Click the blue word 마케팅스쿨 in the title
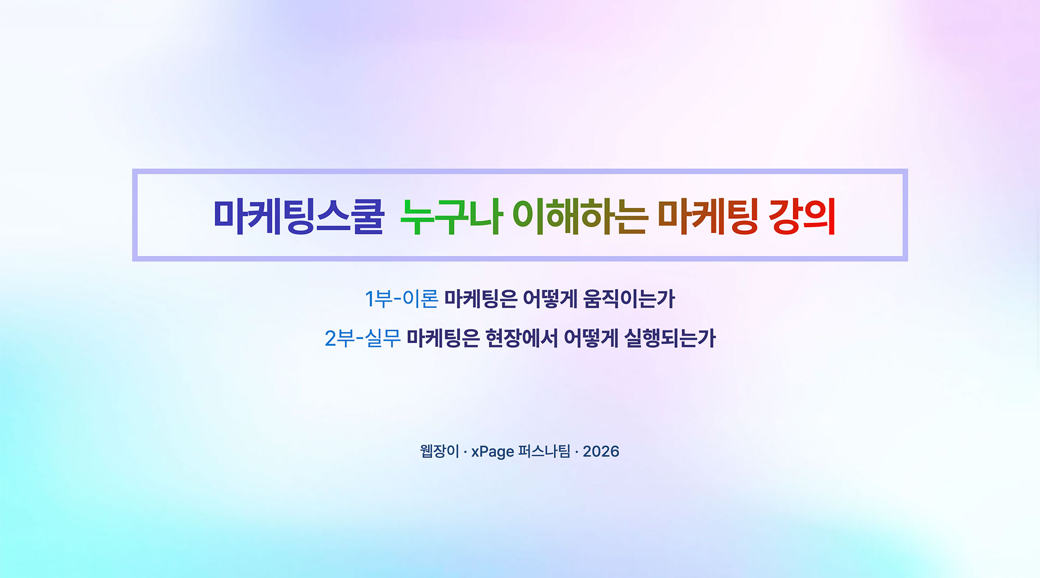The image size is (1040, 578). (x=298, y=216)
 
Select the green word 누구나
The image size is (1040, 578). (x=451, y=216)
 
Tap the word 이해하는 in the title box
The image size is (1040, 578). (x=580, y=216)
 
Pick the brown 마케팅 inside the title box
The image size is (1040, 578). (x=708, y=216)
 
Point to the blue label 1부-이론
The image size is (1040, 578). (x=401, y=299)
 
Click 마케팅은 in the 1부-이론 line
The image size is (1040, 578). (x=480, y=299)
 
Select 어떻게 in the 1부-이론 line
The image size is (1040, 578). (x=550, y=299)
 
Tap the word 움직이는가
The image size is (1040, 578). (x=629, y=299)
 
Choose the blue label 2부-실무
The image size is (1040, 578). (x=363, y=338)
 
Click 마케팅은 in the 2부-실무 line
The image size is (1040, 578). (x=443, y=338)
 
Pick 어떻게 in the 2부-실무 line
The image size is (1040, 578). (x=591, y=338)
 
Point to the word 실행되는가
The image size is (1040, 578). (x=670, y=338)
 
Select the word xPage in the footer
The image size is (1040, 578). (x=492, y=452)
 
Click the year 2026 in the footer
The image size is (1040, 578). (x=601, y=451)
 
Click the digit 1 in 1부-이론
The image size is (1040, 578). (x=369, y=299)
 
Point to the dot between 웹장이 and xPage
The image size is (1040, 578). (x=465, y=452)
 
